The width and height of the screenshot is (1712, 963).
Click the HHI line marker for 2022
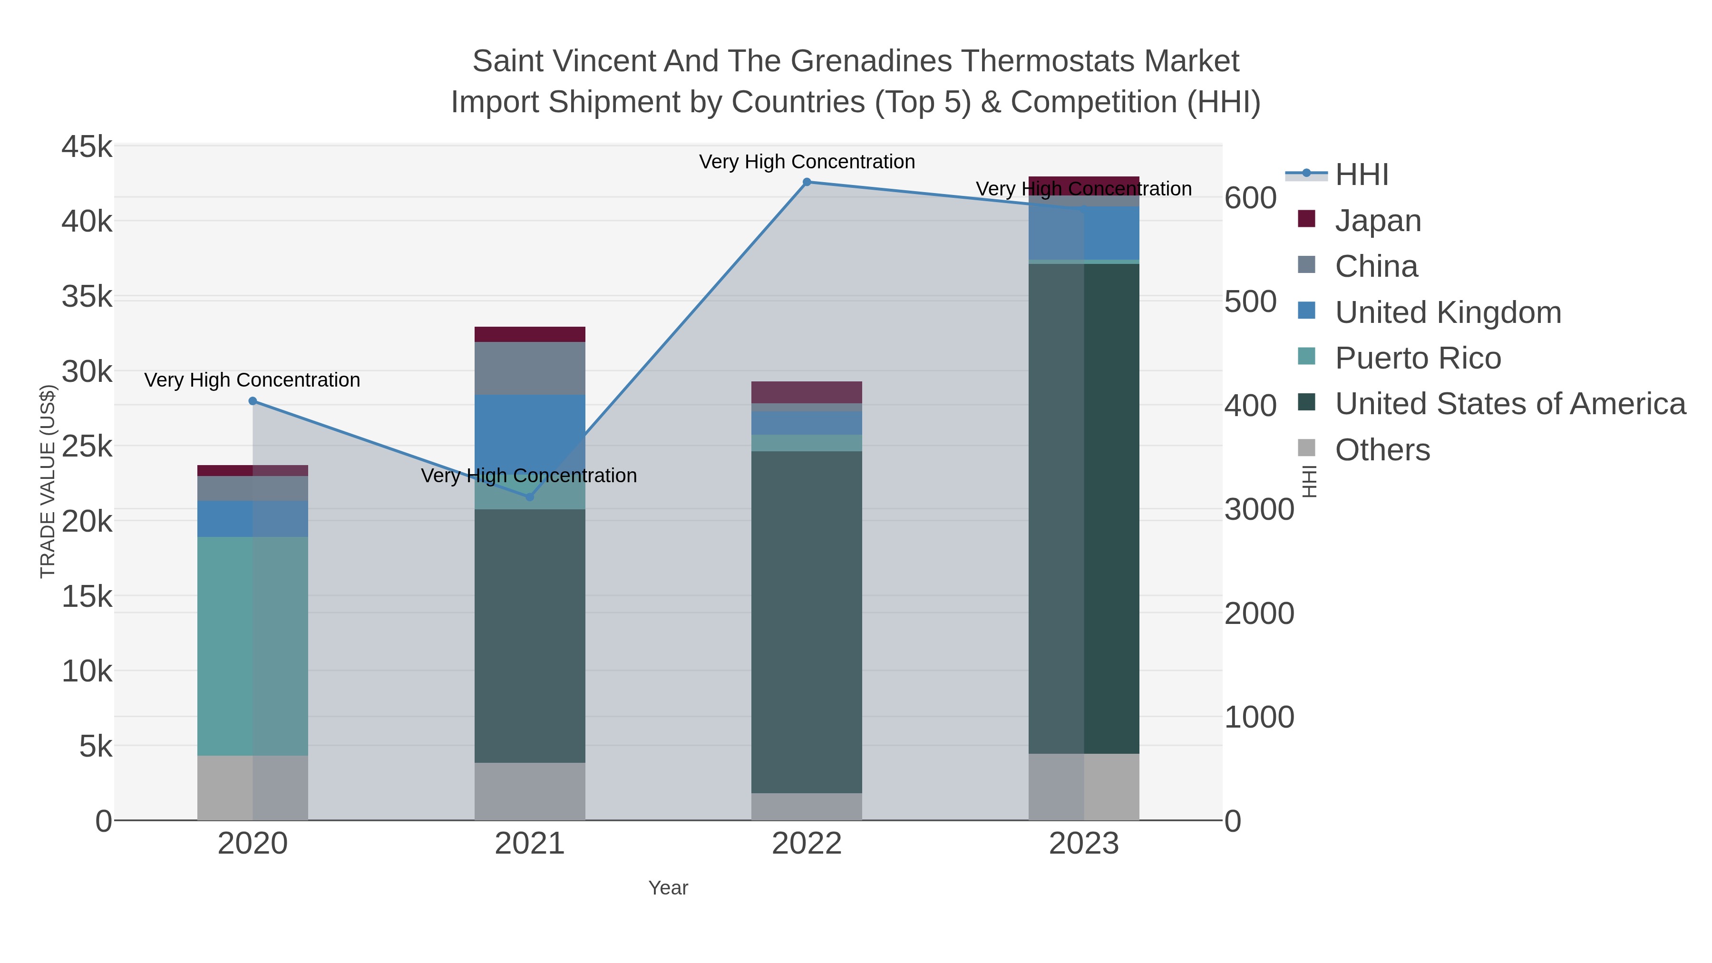tap(807, 182)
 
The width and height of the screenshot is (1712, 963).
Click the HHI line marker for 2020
tap(253, 401)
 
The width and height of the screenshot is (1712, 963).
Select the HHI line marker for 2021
tap(530, 496)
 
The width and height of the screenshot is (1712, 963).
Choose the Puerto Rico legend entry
tap(1418, 358)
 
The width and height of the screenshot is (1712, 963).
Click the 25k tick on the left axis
tap(87, 446)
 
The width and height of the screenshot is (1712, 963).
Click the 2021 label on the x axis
tap(530, 843)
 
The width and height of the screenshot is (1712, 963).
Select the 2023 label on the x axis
tap(1083, 843)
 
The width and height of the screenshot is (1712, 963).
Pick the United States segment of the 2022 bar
tap(807, 622)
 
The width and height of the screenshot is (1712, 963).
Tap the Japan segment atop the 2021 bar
tap(530, 334)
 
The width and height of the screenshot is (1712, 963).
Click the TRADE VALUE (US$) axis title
tap(48, 481)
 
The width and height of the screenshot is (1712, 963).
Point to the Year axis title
tap(668, 887)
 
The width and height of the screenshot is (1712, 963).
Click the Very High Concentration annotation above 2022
tap(807, 162)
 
